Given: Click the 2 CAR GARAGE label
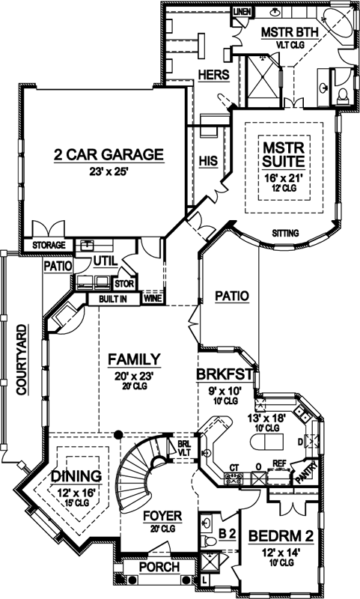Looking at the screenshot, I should pos(108,155).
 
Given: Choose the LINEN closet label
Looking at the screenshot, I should pos(241,13).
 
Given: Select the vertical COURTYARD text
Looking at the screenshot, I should pos(22,360).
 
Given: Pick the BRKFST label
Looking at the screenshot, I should pos(226,372).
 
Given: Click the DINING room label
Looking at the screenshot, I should pos(76,475).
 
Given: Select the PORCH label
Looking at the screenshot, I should pos(159,568).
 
